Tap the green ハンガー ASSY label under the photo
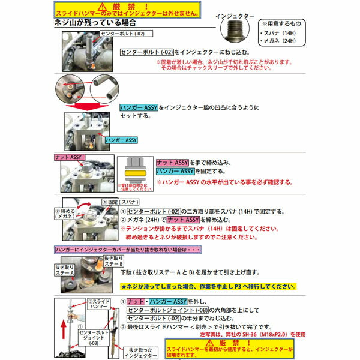tap(121, 140)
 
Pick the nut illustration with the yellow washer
tap(135, 171)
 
